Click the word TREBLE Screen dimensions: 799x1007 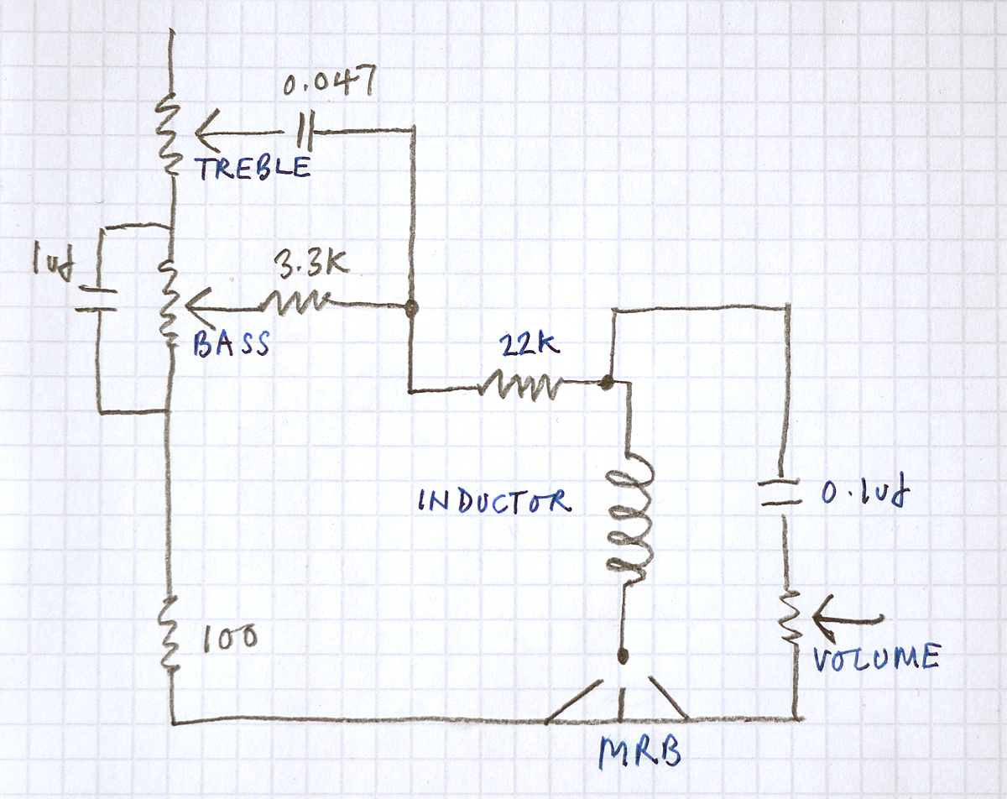(x=253, y=167)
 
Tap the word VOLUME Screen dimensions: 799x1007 (x=875, y=656)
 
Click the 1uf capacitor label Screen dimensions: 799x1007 (x=53, y=264)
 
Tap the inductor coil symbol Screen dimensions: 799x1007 (x=628, y=520)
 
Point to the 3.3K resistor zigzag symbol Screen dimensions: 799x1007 (x=298, y=304)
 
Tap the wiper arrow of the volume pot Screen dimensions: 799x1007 (x=848, y=619)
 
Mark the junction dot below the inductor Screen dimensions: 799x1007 (x=622, y=655)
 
